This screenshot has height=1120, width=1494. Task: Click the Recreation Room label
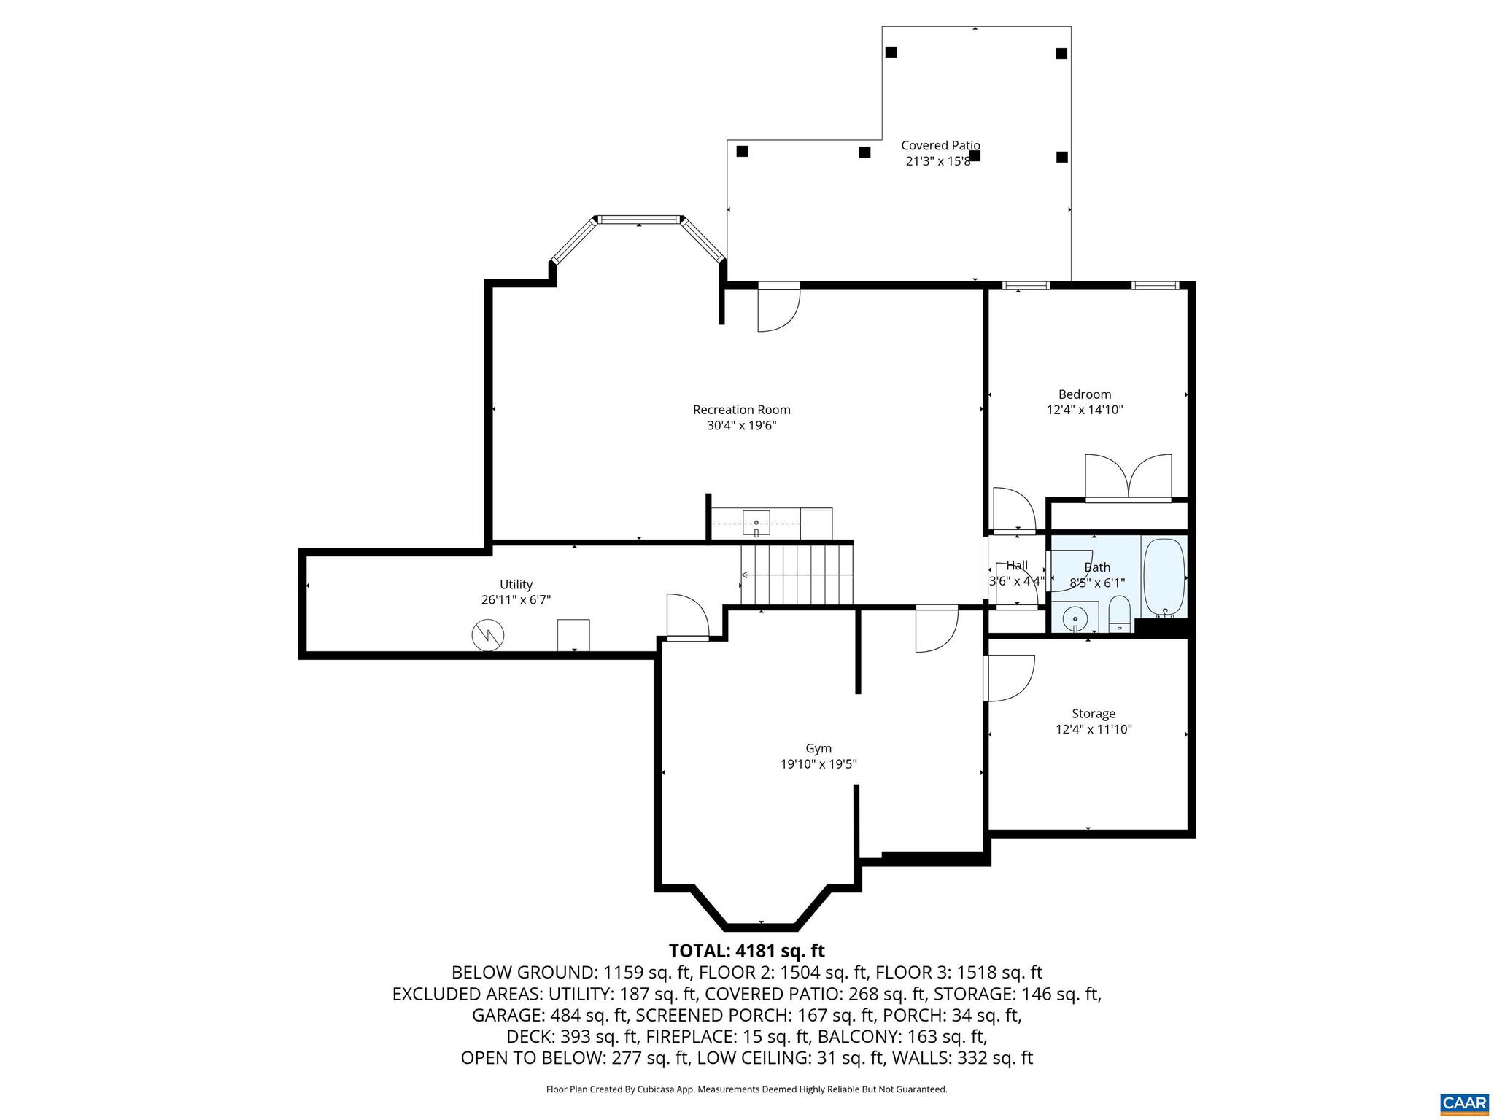click(x=741, y=410)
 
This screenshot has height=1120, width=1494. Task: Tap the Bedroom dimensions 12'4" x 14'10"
click(x=1084, y=411)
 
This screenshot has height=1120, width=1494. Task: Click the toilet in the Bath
click(x=1118, y=614)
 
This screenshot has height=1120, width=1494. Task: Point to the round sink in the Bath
click(x=1075, y=619)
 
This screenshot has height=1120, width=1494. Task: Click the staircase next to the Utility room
click(x=797, y=575)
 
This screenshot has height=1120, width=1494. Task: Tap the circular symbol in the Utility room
click(x=488, y=635)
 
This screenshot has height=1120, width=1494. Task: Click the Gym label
click(x=818, y=748)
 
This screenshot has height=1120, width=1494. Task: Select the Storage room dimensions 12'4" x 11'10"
click(x=1093, y=729)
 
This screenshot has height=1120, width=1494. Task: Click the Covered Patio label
click(x=940, y=146)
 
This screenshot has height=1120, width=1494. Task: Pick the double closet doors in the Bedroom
click(x=1128, y=477)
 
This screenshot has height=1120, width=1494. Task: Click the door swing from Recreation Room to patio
click(x=778, y=310)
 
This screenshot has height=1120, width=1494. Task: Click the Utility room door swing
click(x=687, y=616)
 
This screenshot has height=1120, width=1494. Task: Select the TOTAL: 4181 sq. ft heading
click(x=746, y=951)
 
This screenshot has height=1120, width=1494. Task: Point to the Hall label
click(x=1017, y=566)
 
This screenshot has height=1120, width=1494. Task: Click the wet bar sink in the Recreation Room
click(x=756, y=523)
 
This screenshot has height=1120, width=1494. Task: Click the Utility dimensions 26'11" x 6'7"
click(x=516, y=600)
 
